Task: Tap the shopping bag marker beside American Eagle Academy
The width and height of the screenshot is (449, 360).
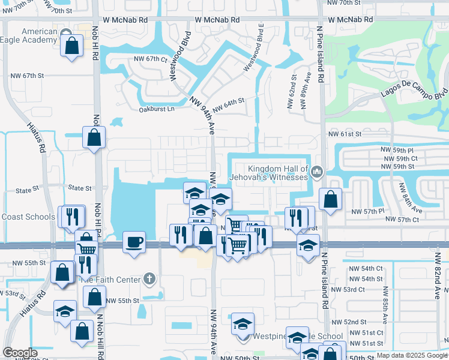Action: [x=71, y=46]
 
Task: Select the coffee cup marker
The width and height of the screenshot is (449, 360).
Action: [x=134, y=242]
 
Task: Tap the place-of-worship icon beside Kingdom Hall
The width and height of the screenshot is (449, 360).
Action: [x=317, y=173]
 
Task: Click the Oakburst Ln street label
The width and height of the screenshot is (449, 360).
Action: [x=156, y=109]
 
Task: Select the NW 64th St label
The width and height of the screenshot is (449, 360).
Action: [x=229, y=104]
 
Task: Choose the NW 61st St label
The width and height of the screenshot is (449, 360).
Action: [x=345, y=134]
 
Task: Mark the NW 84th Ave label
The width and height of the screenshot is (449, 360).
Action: [x=415, y=201]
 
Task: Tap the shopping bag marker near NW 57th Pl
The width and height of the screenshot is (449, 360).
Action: [x=330, y=199]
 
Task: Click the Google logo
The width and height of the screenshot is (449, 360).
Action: [x=20, y=353]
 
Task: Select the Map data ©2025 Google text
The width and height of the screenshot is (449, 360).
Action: [x=412, y=355]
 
